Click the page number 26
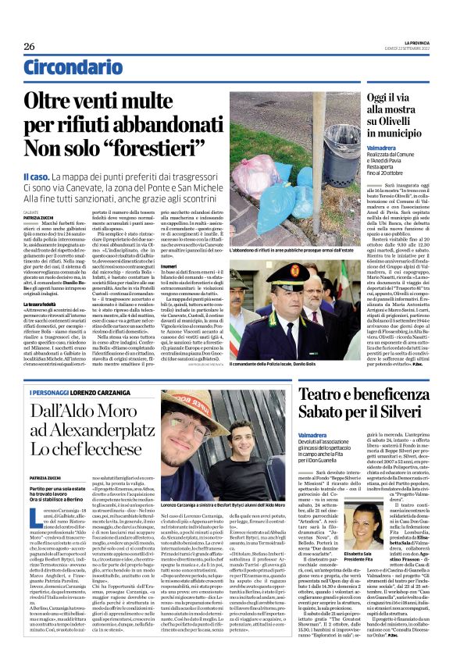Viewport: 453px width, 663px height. point(29,47)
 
